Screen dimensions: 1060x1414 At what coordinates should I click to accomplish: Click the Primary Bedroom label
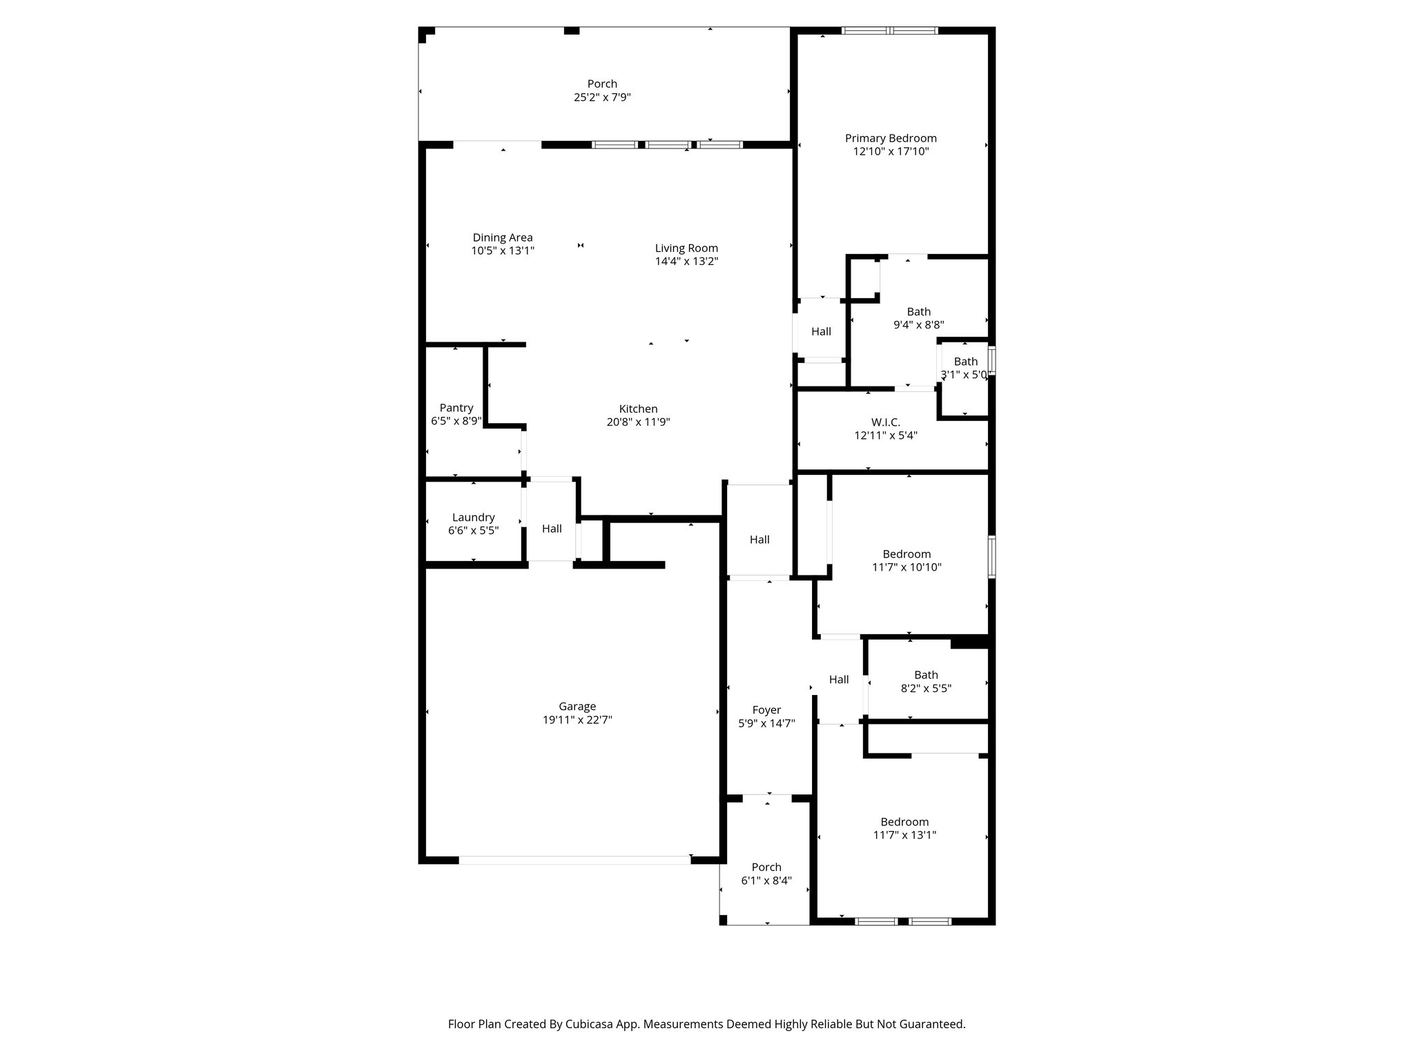pos(891,138)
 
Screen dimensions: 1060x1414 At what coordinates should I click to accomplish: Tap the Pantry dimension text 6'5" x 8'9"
pos(456,421)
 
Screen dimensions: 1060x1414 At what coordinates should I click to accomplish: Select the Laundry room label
pos(473,518)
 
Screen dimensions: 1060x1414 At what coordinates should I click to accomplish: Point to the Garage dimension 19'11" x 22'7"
pos(577,720)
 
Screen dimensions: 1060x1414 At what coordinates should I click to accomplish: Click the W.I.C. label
pos(885,422)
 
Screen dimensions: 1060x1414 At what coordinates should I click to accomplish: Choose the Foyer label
pos(766,710)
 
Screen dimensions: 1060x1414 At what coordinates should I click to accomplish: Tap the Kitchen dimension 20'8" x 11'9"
pos(638,422)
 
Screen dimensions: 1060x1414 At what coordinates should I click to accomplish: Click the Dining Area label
pos(503,238)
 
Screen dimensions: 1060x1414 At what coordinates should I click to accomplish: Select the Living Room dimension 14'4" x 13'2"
pos(686,262)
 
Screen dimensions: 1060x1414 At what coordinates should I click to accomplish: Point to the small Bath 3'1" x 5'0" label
pos(965,362)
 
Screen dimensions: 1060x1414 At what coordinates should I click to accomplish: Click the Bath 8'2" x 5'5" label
pos(926,675)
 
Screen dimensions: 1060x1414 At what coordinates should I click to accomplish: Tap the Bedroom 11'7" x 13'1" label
pos(904,822)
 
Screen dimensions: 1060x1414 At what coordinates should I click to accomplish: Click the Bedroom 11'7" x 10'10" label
pos(907,554)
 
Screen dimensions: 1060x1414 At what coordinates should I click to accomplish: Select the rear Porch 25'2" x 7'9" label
pos(602,84)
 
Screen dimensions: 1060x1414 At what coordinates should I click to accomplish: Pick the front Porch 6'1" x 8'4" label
pos(766,867)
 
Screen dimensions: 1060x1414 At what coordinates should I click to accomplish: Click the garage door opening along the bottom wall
pos(574,860)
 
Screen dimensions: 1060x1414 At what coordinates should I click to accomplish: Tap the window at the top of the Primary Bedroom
pos(889,30)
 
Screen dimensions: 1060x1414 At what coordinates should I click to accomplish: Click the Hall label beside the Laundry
pos(552,529)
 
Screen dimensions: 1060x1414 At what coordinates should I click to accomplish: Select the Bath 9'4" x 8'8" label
pos(918,312)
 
